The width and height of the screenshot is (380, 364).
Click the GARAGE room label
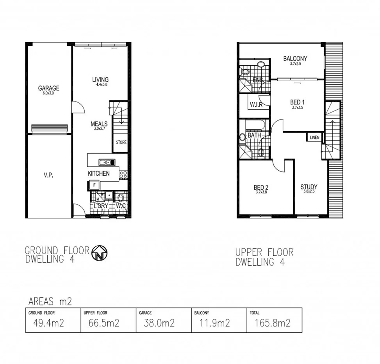(48, 88)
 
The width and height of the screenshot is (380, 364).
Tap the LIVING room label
(100, 80)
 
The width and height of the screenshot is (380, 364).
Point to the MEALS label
(99, 124)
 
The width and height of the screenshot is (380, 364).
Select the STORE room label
(121, 143)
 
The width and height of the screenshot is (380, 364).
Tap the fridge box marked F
(94, 185)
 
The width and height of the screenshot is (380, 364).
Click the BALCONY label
(295, 59)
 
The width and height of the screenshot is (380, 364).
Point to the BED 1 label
(297, 102)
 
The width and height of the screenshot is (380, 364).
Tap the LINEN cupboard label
(314, 138)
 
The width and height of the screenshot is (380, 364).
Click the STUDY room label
(309, 187)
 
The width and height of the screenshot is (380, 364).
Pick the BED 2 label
(261, 187)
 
